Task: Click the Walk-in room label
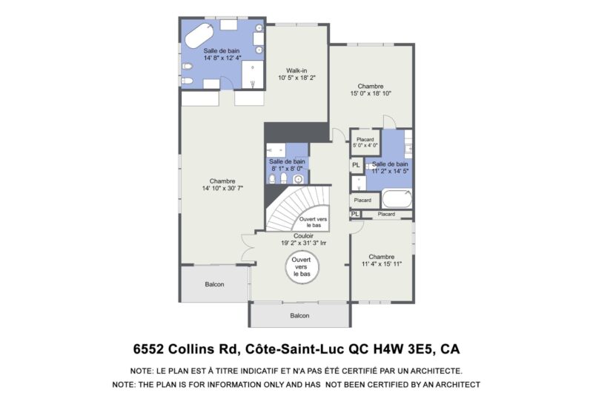click(x=296, y=70)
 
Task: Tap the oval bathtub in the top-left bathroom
click(x=199, y=36)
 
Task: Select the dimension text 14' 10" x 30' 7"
click(x=222, y=188)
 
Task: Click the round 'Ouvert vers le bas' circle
click(x=302, y=267)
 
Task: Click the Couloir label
click(x=303, y=236)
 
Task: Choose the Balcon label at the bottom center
click(x=299, y=316)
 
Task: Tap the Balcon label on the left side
click(x=214, y=284)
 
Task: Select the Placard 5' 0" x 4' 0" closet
click(x=365, y=142)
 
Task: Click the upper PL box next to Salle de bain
click(x=357, y=165)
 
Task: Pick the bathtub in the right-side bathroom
click(x=397, y=198)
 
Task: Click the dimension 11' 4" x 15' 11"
click(x=382, y=264)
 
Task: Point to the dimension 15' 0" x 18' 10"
click(x=371, y=93)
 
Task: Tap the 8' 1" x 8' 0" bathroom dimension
click(x=287, y=169)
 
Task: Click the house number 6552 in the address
click(x=148, y=349)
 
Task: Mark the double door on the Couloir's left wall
click(x=248, y=247)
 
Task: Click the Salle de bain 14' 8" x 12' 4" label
click(x=222, y=54)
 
